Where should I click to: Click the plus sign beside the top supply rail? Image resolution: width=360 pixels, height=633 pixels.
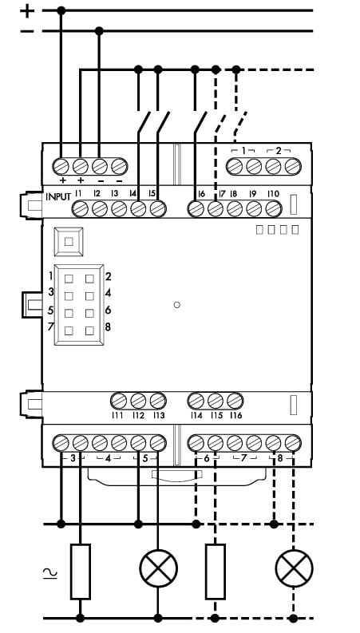[27, 10]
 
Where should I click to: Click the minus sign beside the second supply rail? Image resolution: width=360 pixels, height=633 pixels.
[27, 31]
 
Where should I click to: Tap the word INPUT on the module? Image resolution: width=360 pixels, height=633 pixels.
[58, 197]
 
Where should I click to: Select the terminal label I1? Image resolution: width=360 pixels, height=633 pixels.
[78, 194]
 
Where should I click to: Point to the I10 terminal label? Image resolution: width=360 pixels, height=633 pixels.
[273, 194]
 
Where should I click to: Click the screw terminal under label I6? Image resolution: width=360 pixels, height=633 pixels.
[196, 209]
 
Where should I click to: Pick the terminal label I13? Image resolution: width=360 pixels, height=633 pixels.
[159, 415]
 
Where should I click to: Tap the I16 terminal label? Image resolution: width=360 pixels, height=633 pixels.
[235, 415]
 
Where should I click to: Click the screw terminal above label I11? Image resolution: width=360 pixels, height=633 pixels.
[119, 401]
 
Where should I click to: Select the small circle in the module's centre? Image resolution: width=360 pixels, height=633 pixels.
[176, 305]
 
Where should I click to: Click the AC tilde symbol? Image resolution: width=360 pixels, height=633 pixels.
[50, 573]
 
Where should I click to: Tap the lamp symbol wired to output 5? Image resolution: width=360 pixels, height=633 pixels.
[159, 568]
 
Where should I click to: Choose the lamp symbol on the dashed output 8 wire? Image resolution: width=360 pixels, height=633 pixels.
[295, 568]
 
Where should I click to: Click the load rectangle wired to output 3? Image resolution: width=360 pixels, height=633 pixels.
[81, 572]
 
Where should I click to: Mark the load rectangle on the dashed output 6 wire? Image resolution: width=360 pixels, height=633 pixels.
[215, 572]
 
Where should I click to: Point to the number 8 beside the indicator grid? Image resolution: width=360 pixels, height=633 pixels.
[108, 326]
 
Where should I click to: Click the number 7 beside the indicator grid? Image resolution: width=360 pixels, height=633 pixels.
[50, 326]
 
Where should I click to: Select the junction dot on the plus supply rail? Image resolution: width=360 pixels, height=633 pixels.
[61, 10]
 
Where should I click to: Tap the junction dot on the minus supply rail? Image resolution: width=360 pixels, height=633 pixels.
[99, 30]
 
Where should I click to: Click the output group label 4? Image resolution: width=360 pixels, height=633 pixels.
[109, 459]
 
